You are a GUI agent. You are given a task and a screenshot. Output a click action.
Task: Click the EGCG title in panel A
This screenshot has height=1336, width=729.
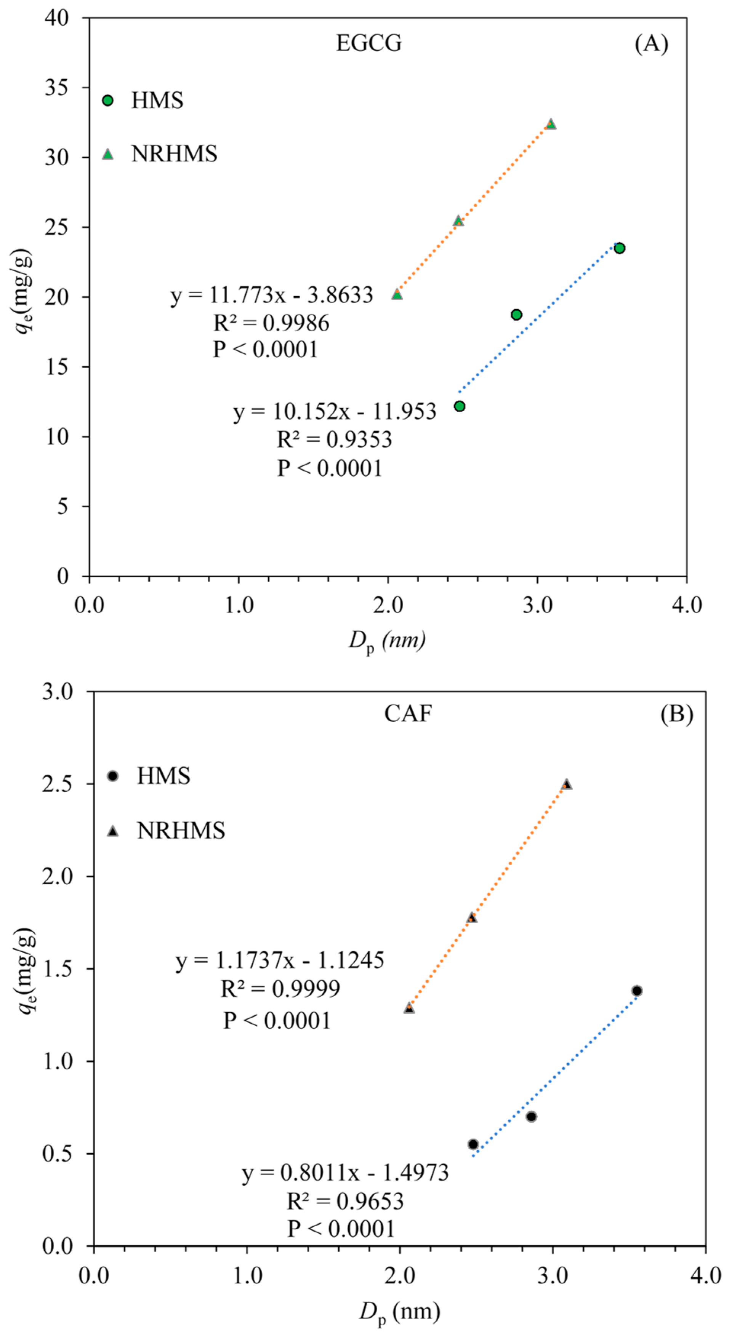click(x=369, y=43)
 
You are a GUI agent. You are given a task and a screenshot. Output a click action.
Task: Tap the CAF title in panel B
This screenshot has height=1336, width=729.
click(x=408, y=714)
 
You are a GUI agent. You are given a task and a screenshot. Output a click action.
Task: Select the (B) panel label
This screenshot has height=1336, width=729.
click(x=676, y=714)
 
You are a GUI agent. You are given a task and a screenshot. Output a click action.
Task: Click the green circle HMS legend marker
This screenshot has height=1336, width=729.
click(x=107, y=100)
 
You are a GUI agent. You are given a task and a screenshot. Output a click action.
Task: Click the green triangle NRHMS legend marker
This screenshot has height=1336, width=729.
click(x=107, y=154)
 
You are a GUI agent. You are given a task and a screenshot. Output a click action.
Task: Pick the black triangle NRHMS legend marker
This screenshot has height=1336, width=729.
click(x=112, y=831)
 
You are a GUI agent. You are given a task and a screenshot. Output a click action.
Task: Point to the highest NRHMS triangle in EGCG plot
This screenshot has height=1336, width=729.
click(x=551, y=124)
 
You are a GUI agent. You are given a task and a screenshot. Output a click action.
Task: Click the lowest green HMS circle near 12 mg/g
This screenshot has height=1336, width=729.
click(x=459, y=406)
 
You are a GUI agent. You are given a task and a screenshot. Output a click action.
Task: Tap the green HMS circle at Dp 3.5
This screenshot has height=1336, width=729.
click(x=619, y=248)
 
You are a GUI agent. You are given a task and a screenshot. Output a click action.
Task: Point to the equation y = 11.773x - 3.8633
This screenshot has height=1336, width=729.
click(x=272, y=295)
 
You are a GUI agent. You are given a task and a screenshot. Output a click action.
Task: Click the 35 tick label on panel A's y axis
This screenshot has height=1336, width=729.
click(x=56, y=88)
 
